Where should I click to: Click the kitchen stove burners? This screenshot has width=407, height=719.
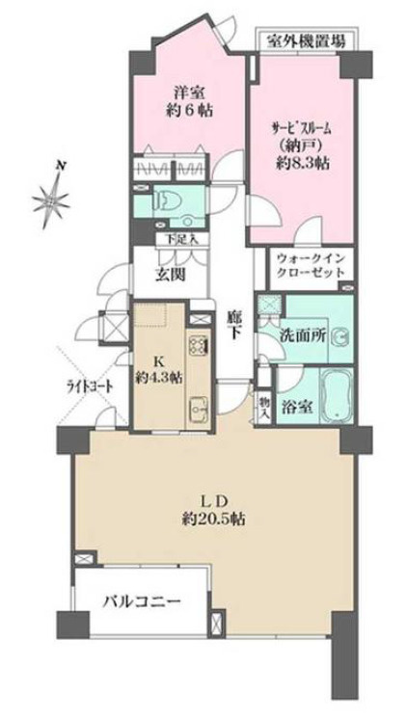tap(200, 345)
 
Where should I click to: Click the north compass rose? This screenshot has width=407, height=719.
tap(48, 200)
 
